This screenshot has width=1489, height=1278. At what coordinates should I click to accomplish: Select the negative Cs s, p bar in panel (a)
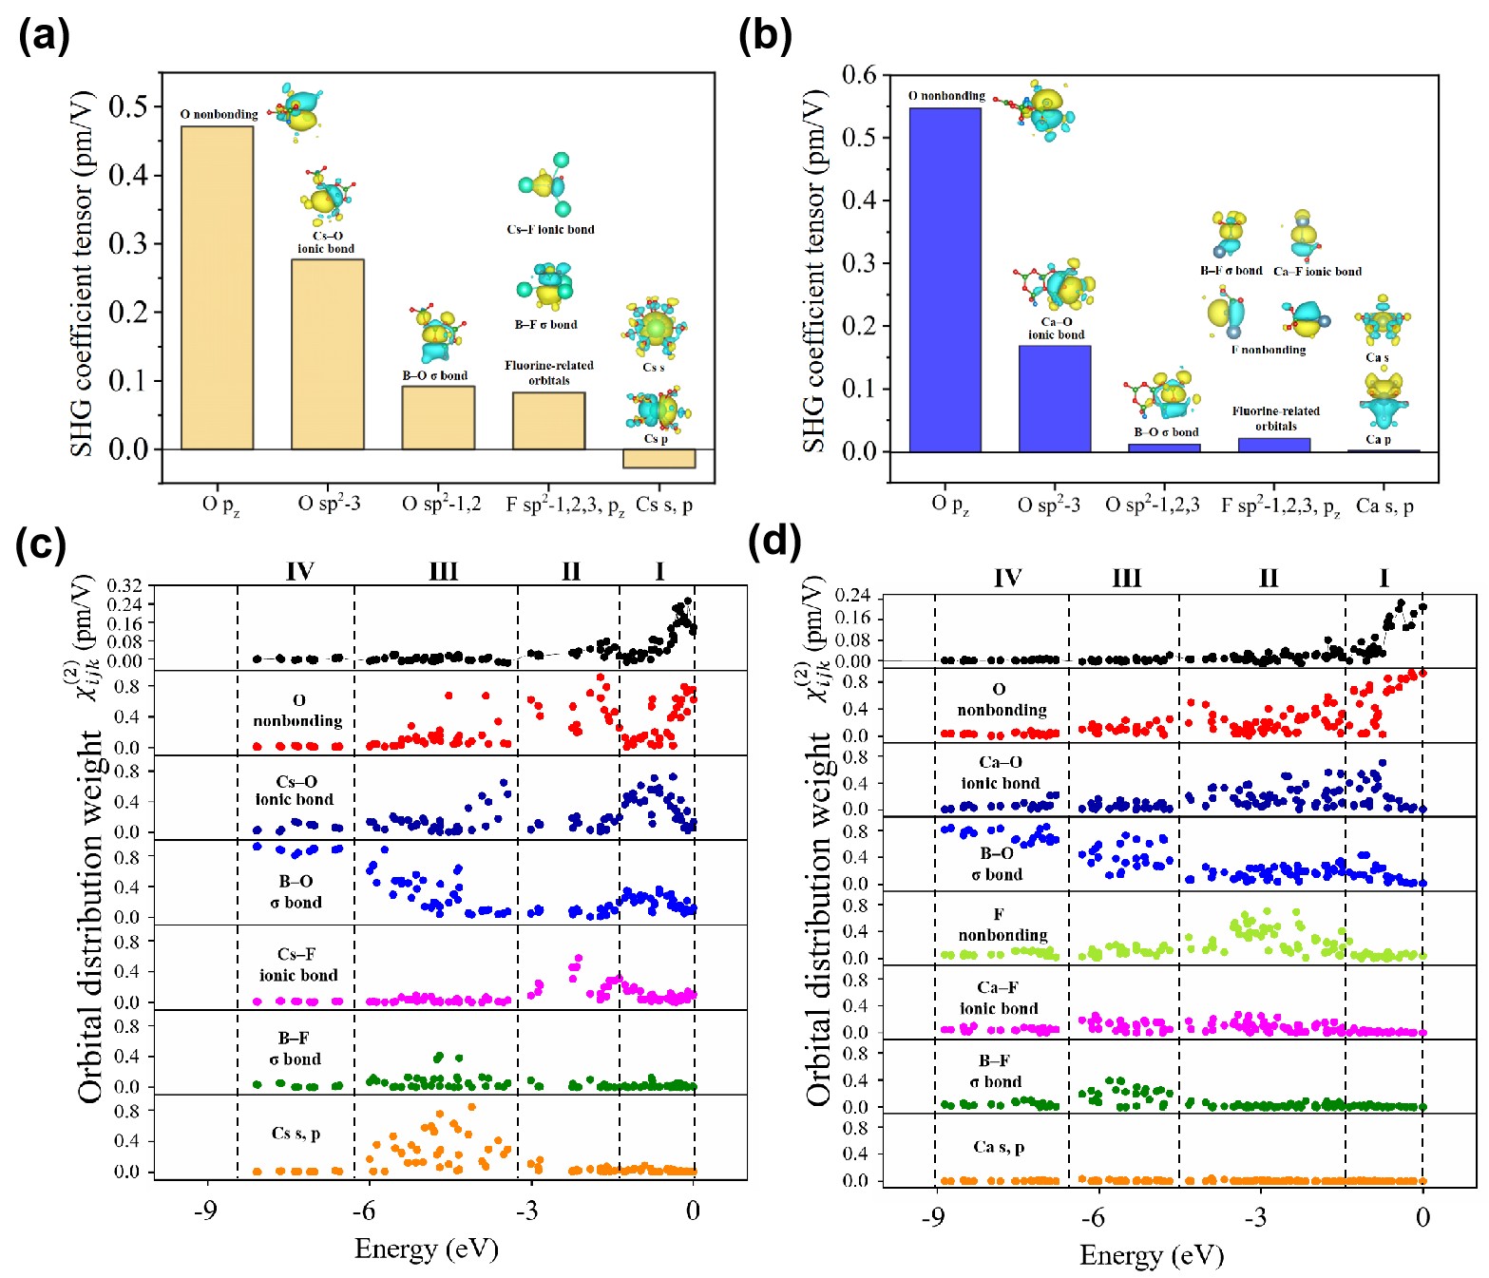pos(659,458)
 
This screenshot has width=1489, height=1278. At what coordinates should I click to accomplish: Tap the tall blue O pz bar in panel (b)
pos(945,280)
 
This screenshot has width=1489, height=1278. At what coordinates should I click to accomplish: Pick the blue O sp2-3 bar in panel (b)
pos(1055,398)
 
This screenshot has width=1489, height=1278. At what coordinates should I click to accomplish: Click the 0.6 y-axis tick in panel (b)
pos(859,75)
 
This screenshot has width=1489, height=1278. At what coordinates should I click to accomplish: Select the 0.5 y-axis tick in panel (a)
pos(128,106)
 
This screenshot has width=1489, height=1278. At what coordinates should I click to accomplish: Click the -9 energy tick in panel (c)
pos(205,1210)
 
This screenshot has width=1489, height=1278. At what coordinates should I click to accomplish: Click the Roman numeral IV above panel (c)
pos(299,571)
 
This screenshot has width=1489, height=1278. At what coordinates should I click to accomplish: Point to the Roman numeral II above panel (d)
pos(1269,578)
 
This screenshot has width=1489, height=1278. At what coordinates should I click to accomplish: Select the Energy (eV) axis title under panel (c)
pos(426,1248)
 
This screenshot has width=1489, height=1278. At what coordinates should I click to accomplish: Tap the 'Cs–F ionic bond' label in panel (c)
pos(297,964)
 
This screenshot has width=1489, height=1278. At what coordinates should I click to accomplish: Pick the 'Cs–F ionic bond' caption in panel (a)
pos(550,229)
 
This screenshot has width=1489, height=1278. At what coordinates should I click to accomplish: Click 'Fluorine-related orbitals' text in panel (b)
pos(1275,418)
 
